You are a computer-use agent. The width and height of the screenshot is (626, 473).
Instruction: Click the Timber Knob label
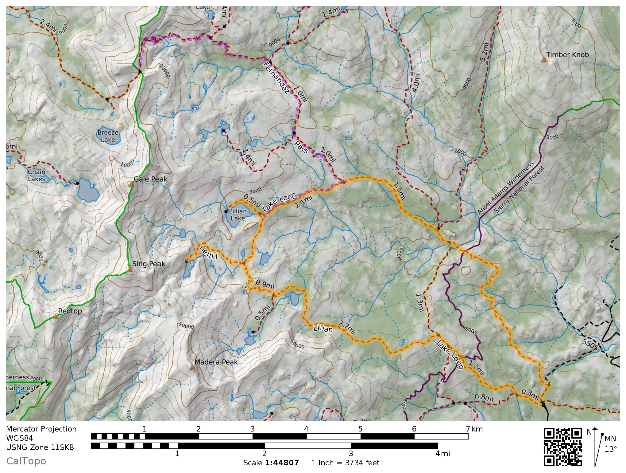point(567,55)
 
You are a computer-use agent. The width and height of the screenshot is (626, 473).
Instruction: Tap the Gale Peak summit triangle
point(132,184)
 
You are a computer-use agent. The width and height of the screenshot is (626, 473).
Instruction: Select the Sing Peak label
point(149,264)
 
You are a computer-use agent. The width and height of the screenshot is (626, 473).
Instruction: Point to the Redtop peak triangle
point(55,316)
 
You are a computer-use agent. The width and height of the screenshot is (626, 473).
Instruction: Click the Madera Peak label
point(216,362)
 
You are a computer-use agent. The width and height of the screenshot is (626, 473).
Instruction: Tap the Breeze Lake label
point(108,136)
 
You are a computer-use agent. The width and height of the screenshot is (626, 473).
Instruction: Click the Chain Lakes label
point(37,175)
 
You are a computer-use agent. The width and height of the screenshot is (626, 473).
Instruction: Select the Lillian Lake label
point(238,215)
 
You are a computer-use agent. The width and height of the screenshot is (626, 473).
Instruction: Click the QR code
point(563,447)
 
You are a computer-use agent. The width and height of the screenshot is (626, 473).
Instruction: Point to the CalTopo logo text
point(26,461)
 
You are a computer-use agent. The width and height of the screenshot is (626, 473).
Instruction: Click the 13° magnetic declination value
point(610,449)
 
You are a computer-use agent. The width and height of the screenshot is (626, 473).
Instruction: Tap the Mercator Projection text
point(41,429)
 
